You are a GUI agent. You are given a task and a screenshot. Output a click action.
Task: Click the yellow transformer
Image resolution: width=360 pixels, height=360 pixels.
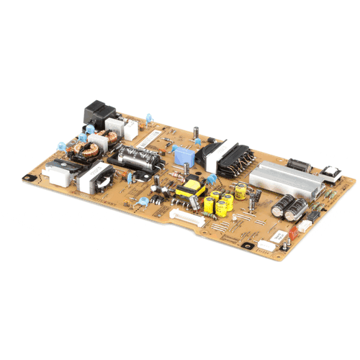click(190, 189)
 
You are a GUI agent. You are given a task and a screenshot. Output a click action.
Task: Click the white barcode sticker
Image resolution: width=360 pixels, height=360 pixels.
click(149, 137)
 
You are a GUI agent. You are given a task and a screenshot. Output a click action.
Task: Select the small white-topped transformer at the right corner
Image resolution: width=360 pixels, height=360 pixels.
click(330, 174)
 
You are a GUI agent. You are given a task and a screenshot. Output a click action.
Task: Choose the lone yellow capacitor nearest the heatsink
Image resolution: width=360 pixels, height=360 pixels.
click(240, 192)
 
